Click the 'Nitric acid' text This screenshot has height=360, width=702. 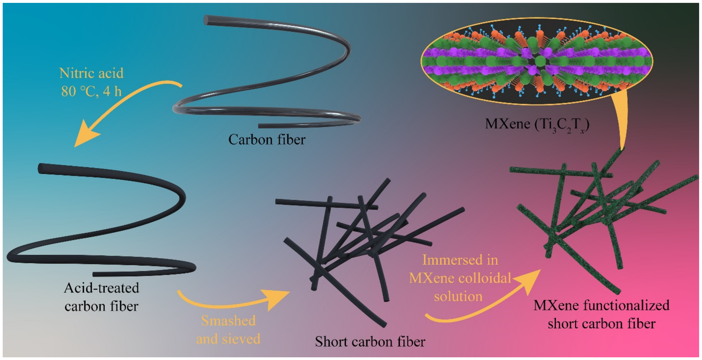pyautogui.click(x=91, y=73)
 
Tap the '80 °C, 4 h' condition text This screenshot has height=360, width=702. pyautogui.click(x=91, y=91)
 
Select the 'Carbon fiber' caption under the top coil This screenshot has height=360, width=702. pyautogui.click(x=267, y=140)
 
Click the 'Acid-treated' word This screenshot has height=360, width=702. pyautogui.click(x=101, y=288)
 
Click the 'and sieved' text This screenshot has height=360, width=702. pyautogui.click(x=228, y=339)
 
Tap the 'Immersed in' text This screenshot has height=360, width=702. pyautogui.click(x=460, y=260)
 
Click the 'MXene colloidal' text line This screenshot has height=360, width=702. pyautogui.click(x=460, y=278)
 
